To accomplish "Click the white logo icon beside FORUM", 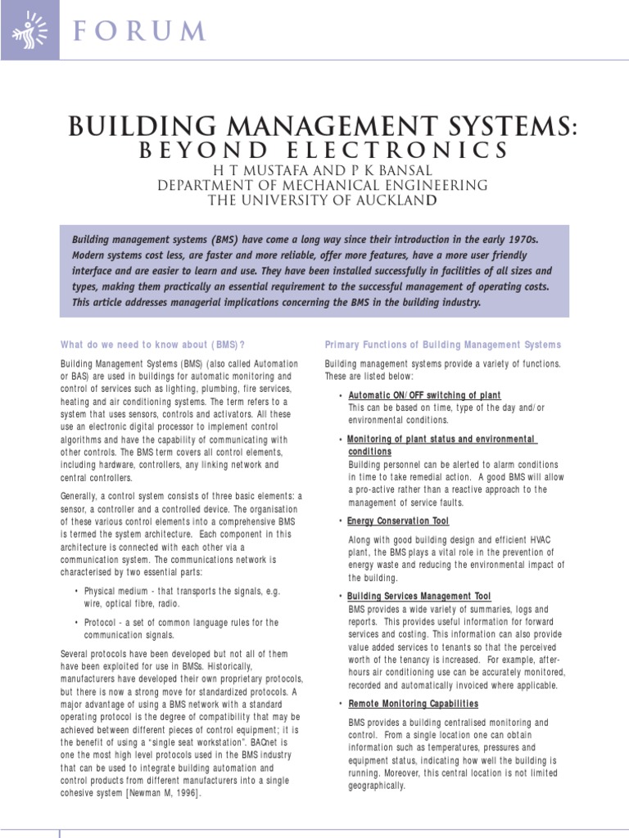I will pos(30,29).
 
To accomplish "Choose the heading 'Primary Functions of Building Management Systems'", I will pos(443,345).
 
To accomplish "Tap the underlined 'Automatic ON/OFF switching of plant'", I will pos(424,395).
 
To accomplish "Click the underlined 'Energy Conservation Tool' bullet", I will pos(398,520).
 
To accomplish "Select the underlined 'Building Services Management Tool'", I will pos(419,597).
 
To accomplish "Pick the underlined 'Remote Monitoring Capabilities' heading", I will pos(413,704).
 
